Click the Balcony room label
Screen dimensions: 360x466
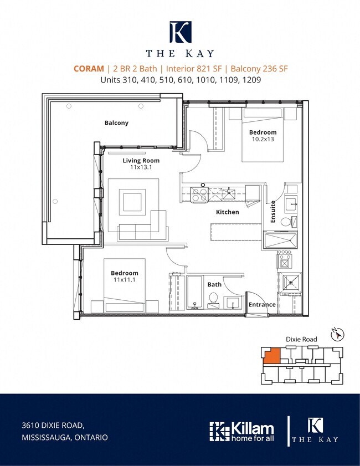pyautogui.click(x=116, y=123)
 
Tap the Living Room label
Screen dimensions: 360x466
pyautogui.click(x=141, y=161)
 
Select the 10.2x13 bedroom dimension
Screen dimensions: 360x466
pyautogui.click(x=263, y=139)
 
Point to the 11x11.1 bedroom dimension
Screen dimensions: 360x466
pyautogui.click(x=125, y=280)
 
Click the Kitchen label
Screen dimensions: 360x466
pyautogui.click(x=228, y=212)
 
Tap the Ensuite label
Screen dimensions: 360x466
pyautogui.click(x=273, y=212)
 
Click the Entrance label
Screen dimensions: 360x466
pyautogui.click(x=262, y=305)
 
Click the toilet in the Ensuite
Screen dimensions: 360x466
pyautogui.click(x=289, y=222)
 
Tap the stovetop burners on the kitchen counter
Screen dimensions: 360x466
pyautogui.click(x=199, y=194)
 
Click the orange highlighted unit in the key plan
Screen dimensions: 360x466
pyautogui.click(x=271, y=356)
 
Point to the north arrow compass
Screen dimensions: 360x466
pyautogui.click(x=337, y=334)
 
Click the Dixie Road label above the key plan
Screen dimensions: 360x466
pyautogui.click(x=301, y=339)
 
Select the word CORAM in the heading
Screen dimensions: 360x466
pyautogui.click(x=89, y=69)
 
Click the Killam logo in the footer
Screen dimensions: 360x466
pyautogui.click(x=241, y=432)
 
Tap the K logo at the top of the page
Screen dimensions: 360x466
pyautogui.click(x=181, y=32)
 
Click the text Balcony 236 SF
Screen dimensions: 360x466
pyautogui.click(x=259, y=69)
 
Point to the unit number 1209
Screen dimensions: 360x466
pyautogui.click(x=252, y=80)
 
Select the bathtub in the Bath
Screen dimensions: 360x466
pyautogui.click(x=194, y=292)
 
